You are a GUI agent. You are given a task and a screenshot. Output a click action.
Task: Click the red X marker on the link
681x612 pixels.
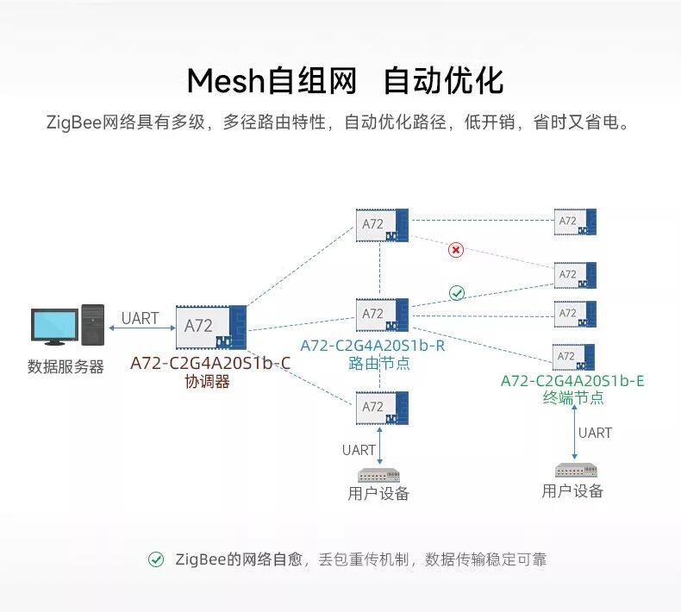(x=457, y=250)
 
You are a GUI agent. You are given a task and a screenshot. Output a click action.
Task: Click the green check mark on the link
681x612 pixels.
(x=457, y=293)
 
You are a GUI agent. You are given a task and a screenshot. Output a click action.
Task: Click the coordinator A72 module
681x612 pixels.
(x=211, y=327)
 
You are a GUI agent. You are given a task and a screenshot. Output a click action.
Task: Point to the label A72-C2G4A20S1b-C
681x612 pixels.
(x=210, y=363)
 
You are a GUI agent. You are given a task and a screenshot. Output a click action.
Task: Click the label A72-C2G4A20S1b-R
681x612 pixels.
(x=372, y=346)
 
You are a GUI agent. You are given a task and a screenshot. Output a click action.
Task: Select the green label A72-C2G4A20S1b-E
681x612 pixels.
(x=572, y=381)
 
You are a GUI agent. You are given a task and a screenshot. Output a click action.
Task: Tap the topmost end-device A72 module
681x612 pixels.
(x=575, y=222)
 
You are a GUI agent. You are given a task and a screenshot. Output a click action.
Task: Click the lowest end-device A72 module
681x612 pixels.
(x=575, y=357)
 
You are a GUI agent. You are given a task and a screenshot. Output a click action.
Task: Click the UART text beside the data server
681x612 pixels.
(x=140, y=318)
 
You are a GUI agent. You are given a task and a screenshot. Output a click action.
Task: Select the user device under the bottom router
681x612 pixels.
(x=379, y=475)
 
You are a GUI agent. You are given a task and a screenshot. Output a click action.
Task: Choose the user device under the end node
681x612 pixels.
(x=573, y=471)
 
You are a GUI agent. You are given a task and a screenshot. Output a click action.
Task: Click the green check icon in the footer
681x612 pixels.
(x=156, y=559)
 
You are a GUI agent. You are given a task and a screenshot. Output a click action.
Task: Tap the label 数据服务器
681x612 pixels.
(x=66, y=367)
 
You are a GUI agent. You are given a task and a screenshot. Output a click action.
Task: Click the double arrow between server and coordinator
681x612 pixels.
(x=140, y=330)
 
